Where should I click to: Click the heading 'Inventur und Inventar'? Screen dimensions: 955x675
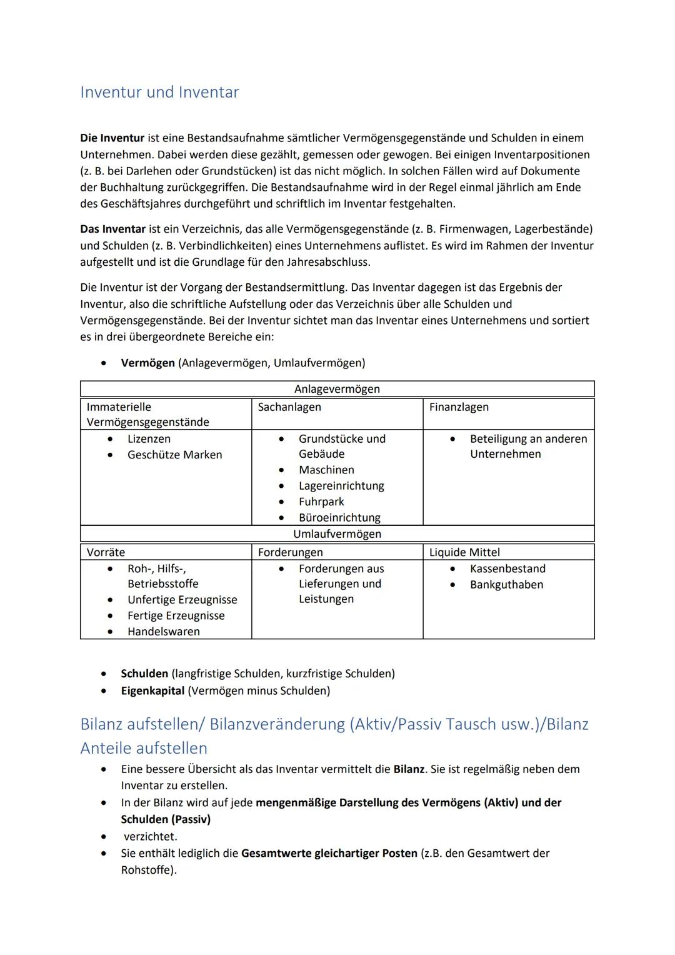click(159, 92)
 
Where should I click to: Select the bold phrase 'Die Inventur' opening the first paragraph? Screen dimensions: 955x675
click(112, 138)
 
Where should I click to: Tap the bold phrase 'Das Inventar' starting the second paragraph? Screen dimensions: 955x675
click(112, 230)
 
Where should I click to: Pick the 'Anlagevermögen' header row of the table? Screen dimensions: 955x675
click(337, 389)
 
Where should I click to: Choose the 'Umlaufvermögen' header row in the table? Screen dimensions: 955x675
click(337, 534)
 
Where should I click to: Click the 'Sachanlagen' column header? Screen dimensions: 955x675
click(289, 407)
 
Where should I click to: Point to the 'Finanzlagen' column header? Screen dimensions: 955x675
click(459, 407)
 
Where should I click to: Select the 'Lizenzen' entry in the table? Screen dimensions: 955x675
click(149, 439)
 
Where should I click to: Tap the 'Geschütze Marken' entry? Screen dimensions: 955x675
click(174, 455)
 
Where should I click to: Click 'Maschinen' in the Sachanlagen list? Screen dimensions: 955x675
click(326, 470)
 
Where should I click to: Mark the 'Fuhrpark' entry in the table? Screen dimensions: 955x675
click(321, 502)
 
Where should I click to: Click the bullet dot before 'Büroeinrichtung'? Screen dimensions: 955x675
click(282, 518)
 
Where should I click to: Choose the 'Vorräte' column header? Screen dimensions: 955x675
click(106, 552)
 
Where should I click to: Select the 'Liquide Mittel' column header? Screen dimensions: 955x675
click(464, 552)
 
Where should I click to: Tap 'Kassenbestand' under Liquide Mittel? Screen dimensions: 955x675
click(507, 568)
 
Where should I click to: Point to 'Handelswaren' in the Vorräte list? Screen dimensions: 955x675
click(164, 632)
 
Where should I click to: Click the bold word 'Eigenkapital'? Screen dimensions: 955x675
click(152, 690)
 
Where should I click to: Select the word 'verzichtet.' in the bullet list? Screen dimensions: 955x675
click(150, 836)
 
